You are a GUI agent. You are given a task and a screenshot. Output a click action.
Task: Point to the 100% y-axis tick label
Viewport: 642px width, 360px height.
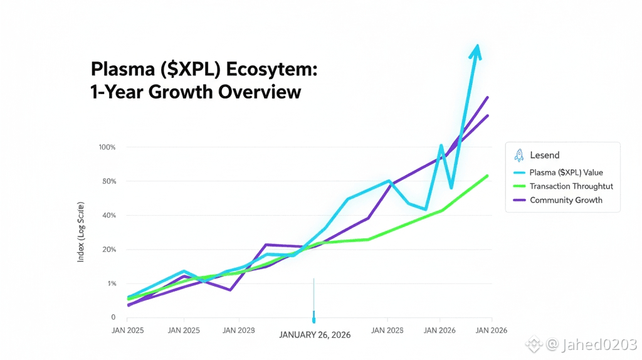(x=107, y=147)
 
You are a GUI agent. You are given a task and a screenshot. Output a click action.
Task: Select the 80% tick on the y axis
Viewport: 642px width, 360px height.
(x=108, y=181)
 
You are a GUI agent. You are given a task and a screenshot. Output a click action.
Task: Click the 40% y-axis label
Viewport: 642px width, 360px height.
(x=108, y=215)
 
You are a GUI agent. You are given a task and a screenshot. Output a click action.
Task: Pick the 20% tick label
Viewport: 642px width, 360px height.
(x=108, y=250)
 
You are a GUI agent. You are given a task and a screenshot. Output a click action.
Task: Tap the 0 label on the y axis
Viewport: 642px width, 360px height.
(x=113, y=317)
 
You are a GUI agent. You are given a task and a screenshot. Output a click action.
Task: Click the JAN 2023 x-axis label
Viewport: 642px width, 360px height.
(x=239, y=330)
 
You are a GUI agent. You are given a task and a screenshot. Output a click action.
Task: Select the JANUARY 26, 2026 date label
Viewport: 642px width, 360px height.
(x=315, y=335)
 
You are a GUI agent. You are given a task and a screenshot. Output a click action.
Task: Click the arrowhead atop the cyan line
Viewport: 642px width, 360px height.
(x=477, y=50)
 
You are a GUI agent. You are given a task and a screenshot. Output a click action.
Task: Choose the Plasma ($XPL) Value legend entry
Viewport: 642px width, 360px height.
(x=566, y=172)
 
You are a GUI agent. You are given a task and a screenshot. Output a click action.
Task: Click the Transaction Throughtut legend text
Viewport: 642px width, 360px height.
(x=571, y=186)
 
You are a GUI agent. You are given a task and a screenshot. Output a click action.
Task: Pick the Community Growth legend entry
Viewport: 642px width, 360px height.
(x=566, y=200)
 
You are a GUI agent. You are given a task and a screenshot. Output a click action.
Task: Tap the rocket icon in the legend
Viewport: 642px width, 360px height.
(x=518, y=155)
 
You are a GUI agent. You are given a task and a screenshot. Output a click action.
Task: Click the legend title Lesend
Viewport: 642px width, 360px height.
(x=545, y=155)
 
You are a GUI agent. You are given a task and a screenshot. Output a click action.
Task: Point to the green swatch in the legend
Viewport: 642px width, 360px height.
(x=519, y=186)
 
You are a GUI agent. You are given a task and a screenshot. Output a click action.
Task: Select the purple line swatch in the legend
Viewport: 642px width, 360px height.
(x=519, y=200)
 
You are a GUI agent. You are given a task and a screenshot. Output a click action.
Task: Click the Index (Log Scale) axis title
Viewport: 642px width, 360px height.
(x=82, y=233)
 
